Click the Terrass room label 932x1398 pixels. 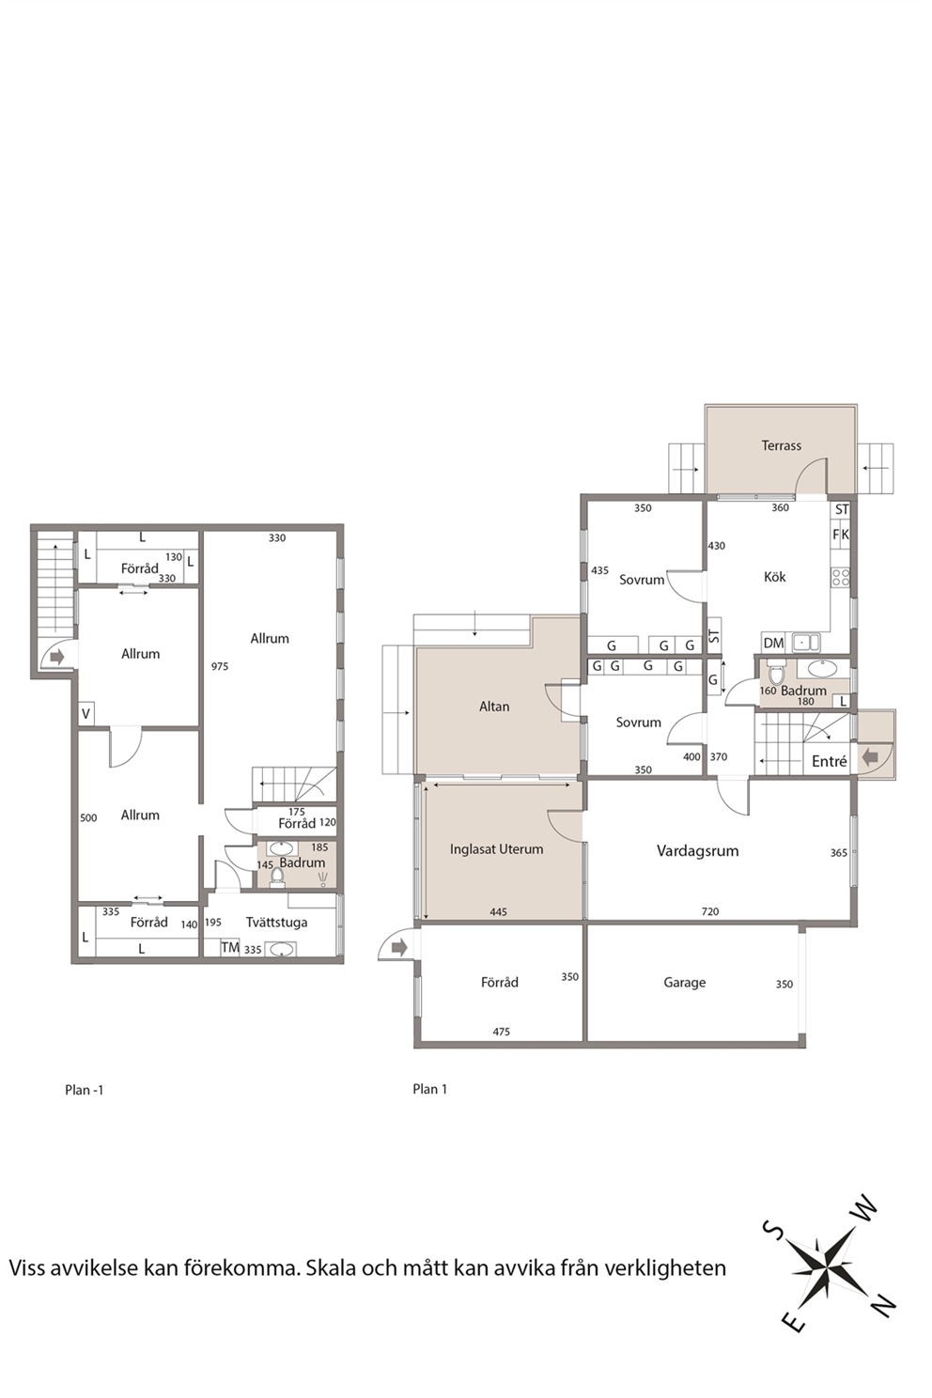(x=781, y=445)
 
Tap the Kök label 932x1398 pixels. (x=775, y=577)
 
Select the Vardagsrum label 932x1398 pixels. (x=697, y=850)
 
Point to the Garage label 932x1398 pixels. (x=684, y=983)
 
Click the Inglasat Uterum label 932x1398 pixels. (x=496, y=849)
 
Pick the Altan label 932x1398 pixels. (x=494, y=707)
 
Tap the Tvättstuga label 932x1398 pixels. (x=276, y=923)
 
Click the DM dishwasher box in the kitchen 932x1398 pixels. (x=773, y=643)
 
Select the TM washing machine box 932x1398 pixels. (x=230, y=947)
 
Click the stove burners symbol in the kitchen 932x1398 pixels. (x=840, y=577)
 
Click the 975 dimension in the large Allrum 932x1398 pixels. (x=220, y=666)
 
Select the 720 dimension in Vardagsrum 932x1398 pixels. (x=709, y=912)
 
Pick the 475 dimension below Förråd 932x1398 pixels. (x=502, y=1032)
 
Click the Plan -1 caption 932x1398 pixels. (x=85, y=1091)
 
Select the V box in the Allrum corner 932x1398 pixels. (x=86, y=713)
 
